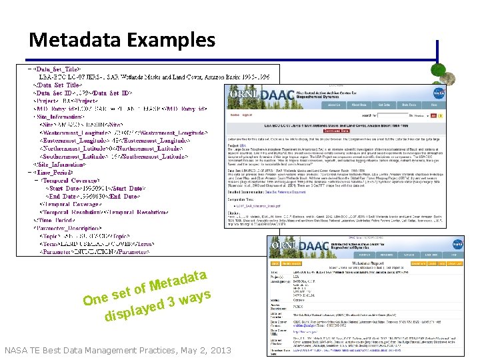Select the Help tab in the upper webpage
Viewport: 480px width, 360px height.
click(433, 105)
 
